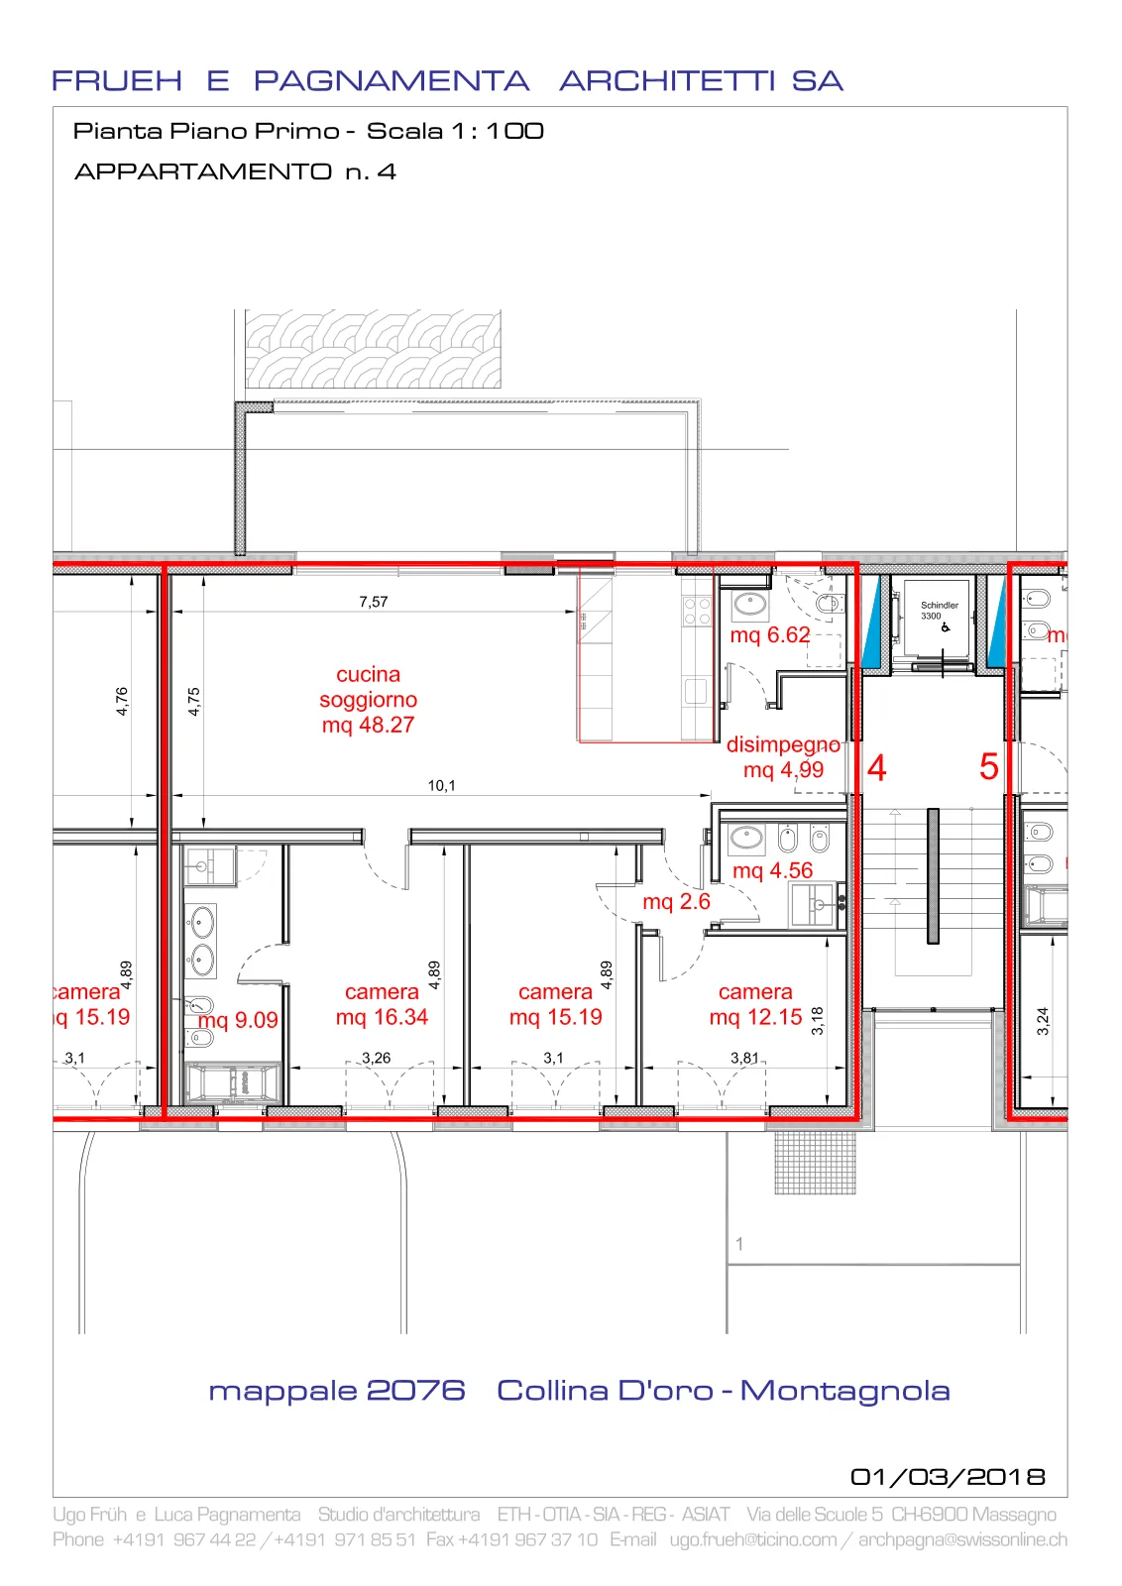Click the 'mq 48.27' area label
coord(368,725)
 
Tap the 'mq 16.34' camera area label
coord(382,1017)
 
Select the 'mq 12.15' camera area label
coord(755,1017)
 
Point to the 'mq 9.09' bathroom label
coord(238,1020)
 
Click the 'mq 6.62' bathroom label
coord(769,634)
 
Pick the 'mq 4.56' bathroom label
coord(772,870)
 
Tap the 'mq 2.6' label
coord(676,901)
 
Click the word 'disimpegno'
coord(783,744)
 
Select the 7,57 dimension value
coord(373,602)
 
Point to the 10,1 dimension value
coord(441,785)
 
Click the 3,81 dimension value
coord(744,1058)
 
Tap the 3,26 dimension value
coord(376,1058)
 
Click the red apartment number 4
coord(876,767)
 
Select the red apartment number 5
coord(989,767)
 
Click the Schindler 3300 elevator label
coord(939,611)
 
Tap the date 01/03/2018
coord(948,1476)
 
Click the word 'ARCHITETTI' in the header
coord(667,80)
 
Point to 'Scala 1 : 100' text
coord(455,131)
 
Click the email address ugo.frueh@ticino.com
coord(753,1539)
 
